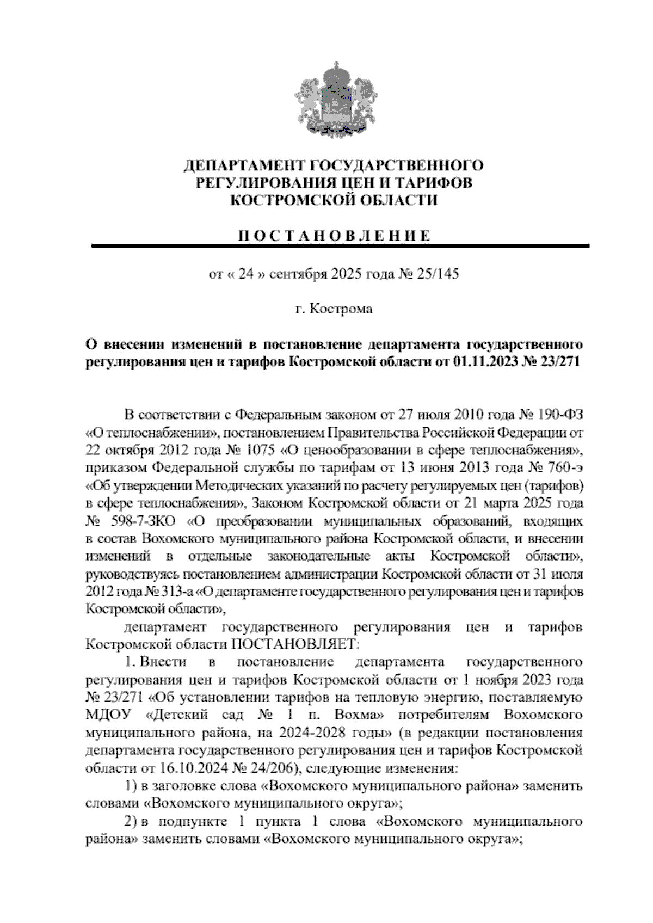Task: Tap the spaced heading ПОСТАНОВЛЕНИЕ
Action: tap(335, 236)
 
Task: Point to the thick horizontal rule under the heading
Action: tap(340, 246)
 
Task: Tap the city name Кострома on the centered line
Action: tap(341, 309)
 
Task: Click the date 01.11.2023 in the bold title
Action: tap(484, 362)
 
